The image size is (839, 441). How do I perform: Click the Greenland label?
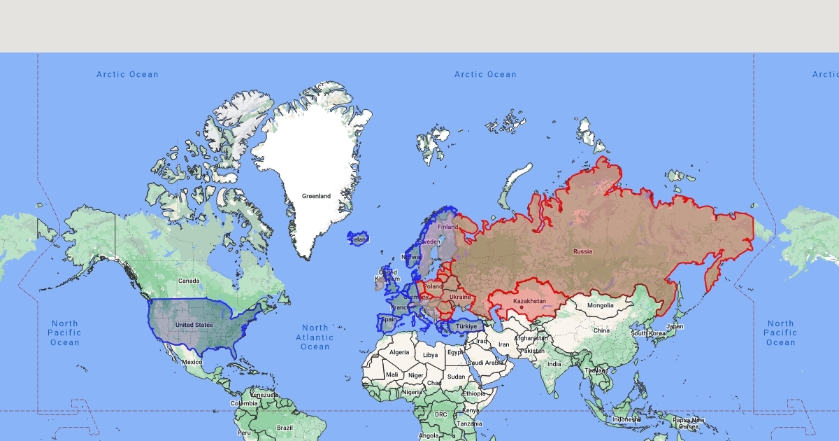(x=316, y=196)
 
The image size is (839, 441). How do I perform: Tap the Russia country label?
(x=582, y=251)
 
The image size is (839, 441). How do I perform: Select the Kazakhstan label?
(x=529, y=301)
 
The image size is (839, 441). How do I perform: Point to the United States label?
(x=194, y=325)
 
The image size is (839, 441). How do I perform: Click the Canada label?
(x=189, y=281)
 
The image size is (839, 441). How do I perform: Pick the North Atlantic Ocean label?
(x=315, y=337)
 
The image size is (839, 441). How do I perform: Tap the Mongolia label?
(x=600, y=305)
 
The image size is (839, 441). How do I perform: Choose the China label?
(x=601, y=330)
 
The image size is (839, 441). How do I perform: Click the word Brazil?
(x=285, y=427)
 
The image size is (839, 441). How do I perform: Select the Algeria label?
(x=399, y=352)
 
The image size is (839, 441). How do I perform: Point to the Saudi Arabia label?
(x=485, y=363)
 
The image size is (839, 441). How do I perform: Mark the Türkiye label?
(x=466, y=326)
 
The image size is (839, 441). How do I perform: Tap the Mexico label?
(x=192, y=362)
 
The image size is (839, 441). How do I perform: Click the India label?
(x=554, y=364)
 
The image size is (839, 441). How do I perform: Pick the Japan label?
(x=675, y=326)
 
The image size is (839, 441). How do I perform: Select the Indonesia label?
(x=626, y=419)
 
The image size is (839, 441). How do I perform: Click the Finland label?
(x=447, y=227)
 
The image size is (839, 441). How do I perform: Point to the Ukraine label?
(x=460, y=297)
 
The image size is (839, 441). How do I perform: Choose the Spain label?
(x=389, y=320)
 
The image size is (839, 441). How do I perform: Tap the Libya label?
(x=431, y=355)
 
